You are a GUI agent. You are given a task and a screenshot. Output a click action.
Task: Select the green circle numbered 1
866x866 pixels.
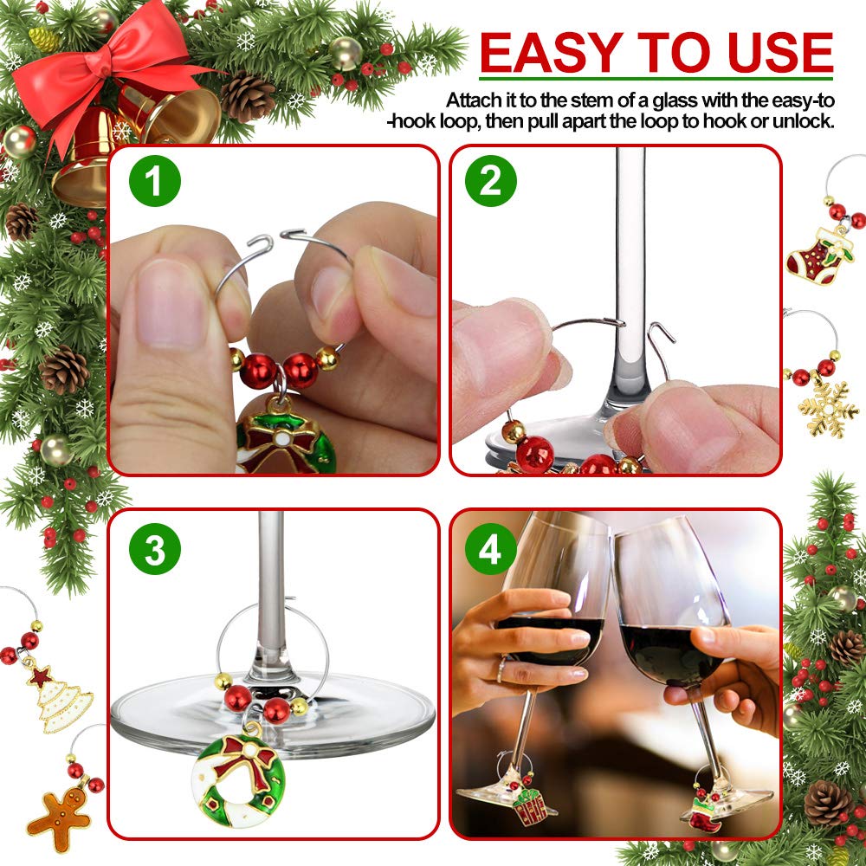(155, 181)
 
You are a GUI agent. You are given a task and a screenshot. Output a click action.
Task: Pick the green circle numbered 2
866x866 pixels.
(490, 181)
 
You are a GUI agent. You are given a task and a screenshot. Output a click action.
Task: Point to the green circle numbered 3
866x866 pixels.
(155, 549)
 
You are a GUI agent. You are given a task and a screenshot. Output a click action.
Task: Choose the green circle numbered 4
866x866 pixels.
(490, 549)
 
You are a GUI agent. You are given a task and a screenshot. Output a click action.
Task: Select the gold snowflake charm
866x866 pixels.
(828, 410)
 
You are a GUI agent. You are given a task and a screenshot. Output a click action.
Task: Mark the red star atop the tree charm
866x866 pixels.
(40, 676)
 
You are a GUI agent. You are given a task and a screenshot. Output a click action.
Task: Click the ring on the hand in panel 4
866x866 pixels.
(501, 669)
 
